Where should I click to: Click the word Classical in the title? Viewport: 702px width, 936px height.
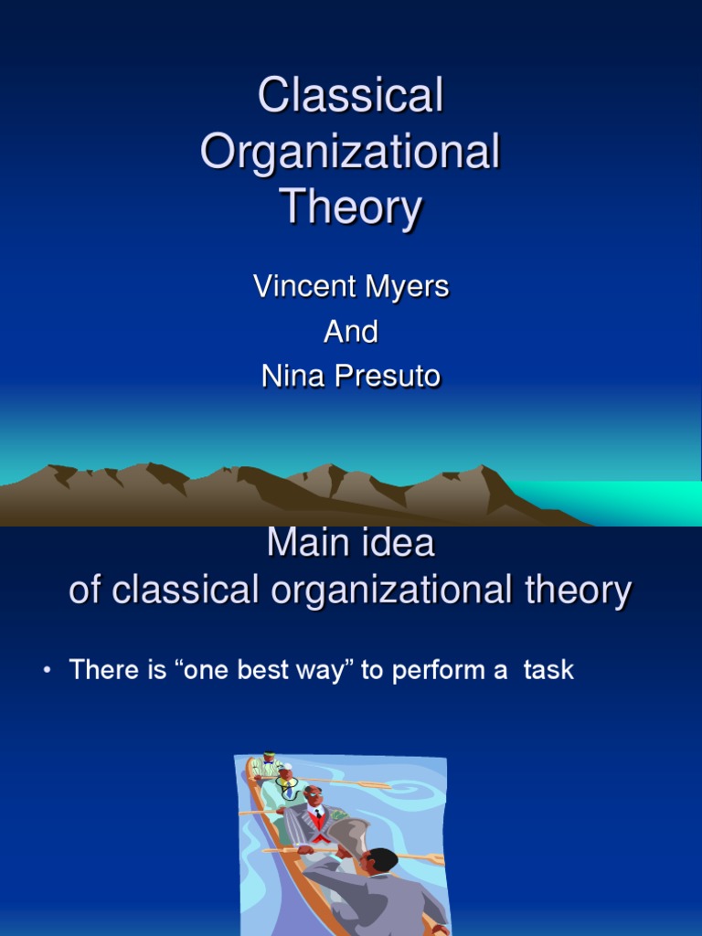pyautogui.click(x=350, y=96)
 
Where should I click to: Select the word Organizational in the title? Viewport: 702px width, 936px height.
pyautogui.click(x=350, y=153)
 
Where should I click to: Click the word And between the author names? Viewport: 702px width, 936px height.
pyautogui.click(x=350, y=332)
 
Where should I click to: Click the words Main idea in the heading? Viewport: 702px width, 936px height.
pyautogui.click(x=350, y=545)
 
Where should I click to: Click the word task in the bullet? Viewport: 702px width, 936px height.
pyautogui.click(x=548, y=670)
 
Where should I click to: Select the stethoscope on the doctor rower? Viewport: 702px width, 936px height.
pyautogui.click(x=287, y=787)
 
